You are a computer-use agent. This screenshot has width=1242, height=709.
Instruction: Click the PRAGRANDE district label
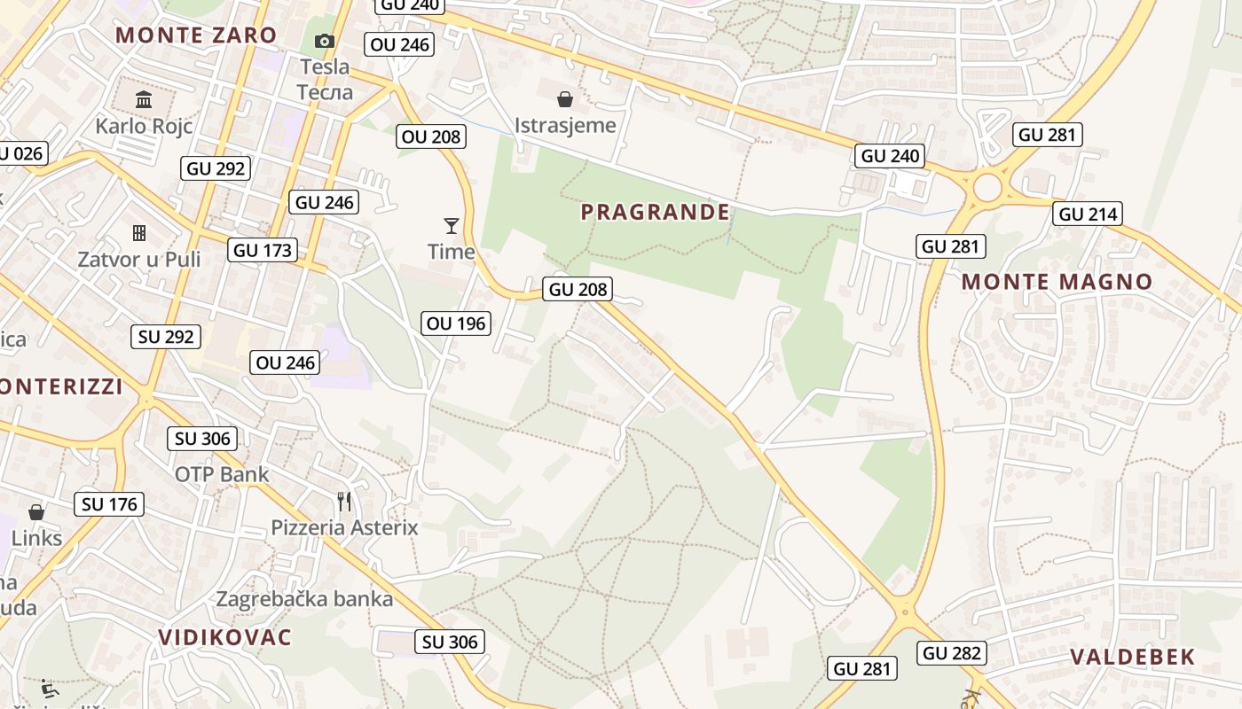tap(655, 212)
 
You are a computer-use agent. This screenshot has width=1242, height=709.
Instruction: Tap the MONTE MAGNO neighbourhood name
tap(1057, 282)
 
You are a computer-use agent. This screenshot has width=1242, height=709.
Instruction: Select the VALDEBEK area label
tap(1132, 657)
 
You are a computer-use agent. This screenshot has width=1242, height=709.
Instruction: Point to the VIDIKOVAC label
tap(224, 636)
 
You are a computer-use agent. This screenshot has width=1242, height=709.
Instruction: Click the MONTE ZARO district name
tap(196, 35)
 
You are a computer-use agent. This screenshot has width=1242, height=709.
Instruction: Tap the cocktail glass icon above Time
tap(452, 226)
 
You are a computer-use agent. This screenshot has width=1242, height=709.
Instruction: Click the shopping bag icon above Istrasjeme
tap(565, 98)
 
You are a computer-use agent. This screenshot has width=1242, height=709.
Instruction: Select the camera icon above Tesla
tap(325, 41)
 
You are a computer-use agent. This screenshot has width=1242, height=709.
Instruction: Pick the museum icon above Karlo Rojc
tap(144, 98)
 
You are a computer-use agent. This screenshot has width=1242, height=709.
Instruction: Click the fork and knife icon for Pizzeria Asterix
tap(344, 502)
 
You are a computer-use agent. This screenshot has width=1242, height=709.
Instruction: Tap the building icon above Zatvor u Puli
tap(139, 233)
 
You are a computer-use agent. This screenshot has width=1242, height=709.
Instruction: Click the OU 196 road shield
tap(457, 323)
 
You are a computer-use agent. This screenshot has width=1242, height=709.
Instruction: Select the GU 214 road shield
tap(1089, 214)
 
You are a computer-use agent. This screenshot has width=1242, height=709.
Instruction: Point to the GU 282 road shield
tap(952, 653)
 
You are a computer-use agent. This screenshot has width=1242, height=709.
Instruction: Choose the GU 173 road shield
tap(263, 250)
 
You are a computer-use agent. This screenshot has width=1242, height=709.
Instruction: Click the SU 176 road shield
tap(109, 504)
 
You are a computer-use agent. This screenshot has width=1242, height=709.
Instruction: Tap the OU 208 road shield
tap(431, 136)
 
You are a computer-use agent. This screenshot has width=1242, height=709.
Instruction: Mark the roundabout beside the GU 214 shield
tap(987, 188)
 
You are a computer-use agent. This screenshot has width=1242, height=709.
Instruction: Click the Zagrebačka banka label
tap(304, 599)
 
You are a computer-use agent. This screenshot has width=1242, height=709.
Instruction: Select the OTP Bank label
tap(222, 474)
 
